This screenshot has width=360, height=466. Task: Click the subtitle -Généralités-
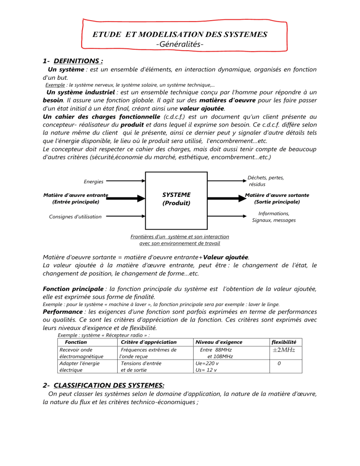(180, 45)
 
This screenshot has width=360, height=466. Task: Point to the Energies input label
(94, 181)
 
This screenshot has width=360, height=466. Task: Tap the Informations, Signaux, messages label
(274, 217)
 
